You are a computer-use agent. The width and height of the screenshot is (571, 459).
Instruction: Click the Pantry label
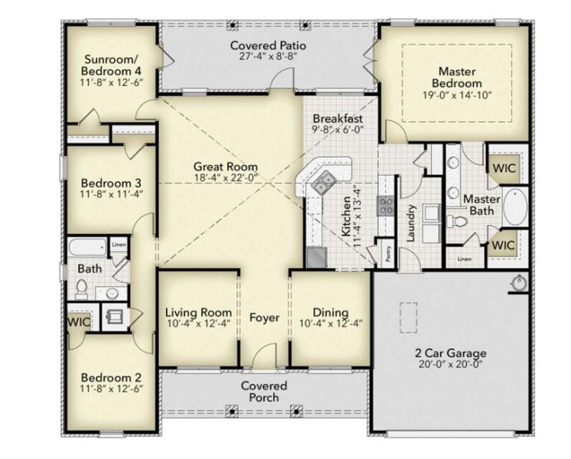pyautogui.click(x=389, y=253)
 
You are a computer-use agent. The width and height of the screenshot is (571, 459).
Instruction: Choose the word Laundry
pyautogui.click(x=411, y=223)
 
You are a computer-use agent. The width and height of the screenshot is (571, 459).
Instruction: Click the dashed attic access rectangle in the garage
pyautogui.click(x=407, y=314)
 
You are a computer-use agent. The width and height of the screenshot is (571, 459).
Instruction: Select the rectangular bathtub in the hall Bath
pyautogui.click(x=86, y=248)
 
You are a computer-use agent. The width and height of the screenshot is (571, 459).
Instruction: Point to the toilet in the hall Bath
pyautogui.click(x=82, y=288)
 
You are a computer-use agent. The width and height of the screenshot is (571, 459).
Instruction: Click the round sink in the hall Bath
pyautogui.click(x=111, y=292)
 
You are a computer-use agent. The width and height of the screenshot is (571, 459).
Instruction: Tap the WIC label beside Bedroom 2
pyautogui.click(x=79, y=322)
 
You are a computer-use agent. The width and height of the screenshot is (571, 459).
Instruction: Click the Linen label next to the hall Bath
pyautogui.click(x=119, y=245)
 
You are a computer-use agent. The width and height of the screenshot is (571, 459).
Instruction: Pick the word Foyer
pyautogui.click(x=264, y=317)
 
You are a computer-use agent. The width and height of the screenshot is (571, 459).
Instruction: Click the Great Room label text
pyautogui.click(x=225, y=166)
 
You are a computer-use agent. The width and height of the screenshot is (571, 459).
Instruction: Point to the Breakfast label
pyautogui.click(x=338, y=119)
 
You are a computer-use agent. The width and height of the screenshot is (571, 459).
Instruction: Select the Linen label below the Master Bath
pyautogui.click(x=465, y=259)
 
